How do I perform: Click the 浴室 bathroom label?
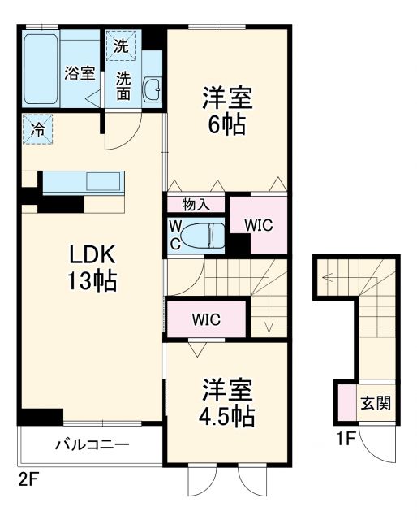(80, 72)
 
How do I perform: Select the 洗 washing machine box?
(121, 46)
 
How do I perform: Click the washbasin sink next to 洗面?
(152, 90)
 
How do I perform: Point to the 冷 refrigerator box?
(37, 128)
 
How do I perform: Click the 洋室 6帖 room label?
(228, 111)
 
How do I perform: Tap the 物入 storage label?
(196, 204)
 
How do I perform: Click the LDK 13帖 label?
(92, 267)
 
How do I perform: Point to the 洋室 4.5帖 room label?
(228, 404)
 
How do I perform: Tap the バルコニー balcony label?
(92, 445)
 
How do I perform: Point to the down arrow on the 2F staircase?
(268, 321)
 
